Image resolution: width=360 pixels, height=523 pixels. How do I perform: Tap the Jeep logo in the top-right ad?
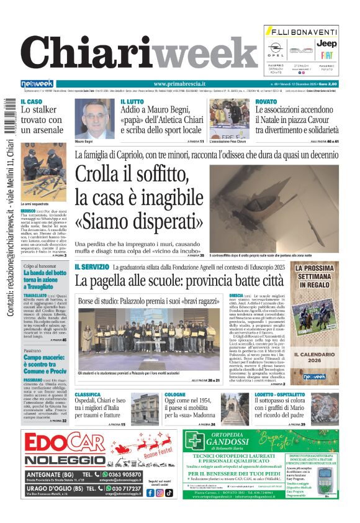(x=327, y=43)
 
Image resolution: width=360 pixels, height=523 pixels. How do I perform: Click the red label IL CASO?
(x=32, y=101)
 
